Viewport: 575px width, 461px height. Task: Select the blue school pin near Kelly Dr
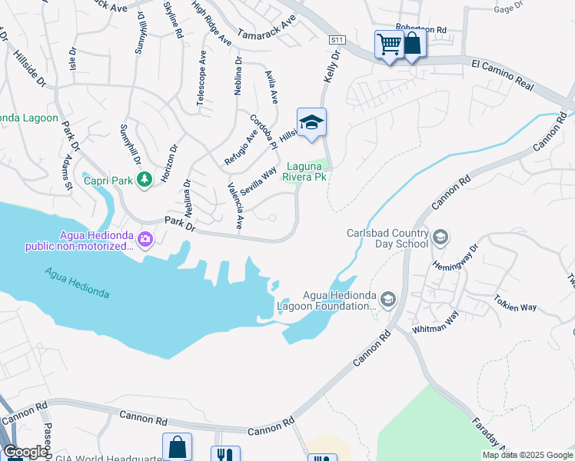(311, 123)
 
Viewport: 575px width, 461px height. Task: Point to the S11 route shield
(336, 39)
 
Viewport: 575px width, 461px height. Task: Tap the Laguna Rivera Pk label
(306, 171)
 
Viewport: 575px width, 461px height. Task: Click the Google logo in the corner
(25, 452)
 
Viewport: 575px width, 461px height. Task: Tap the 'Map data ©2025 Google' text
(527, 455)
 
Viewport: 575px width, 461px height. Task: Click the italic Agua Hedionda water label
(77, 283)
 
